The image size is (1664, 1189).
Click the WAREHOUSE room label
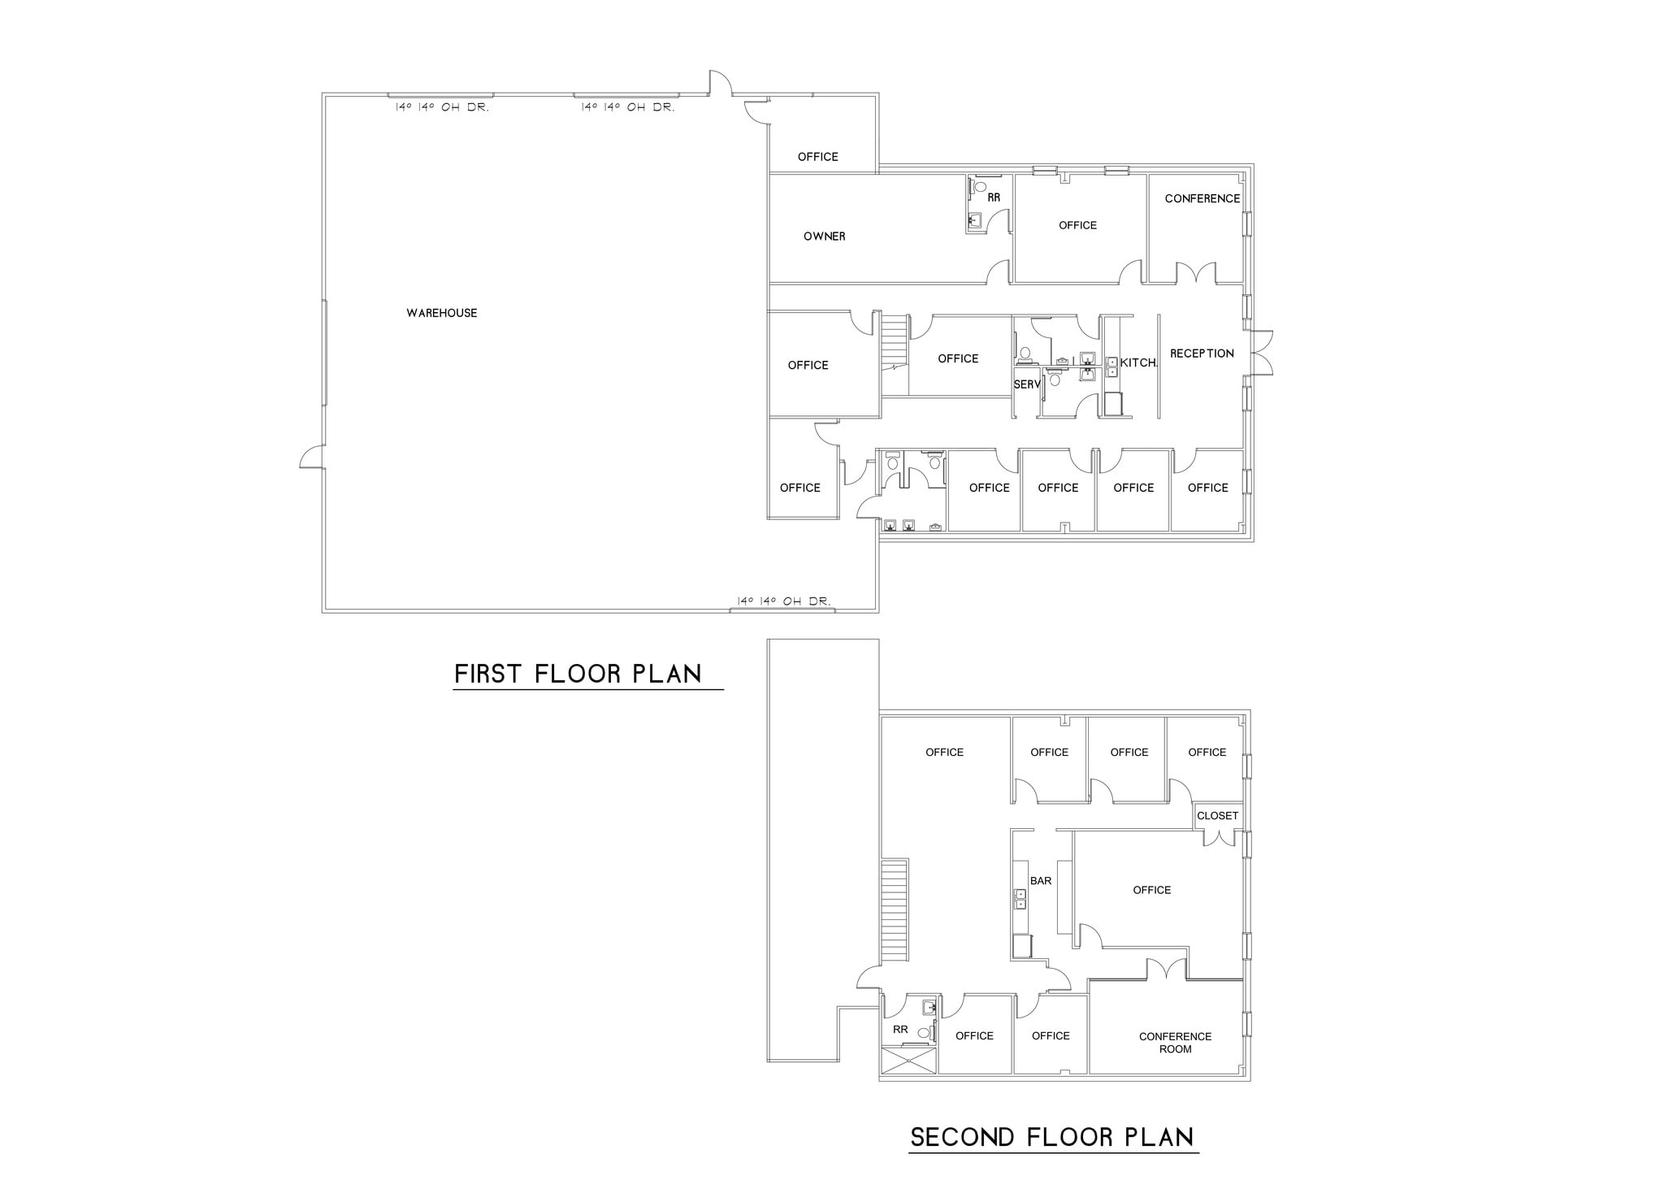pos(441,313)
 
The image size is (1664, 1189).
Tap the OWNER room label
pos(824,236)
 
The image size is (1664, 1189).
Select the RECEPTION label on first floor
pos(1201,354)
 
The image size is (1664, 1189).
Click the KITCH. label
pos(1137,363)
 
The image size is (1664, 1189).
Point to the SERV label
pos(1026,384)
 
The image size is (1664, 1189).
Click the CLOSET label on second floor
pos(1217,816)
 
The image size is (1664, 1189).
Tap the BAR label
pos(1040,881)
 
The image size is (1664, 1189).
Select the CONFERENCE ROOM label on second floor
pos(1175,1043)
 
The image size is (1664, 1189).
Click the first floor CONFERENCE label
pos(1202,198)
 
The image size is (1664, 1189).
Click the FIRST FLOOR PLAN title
pos(578,674)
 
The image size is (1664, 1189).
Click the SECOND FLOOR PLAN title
pos(1052,1137)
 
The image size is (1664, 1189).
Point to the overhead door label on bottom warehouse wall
pos(783,601)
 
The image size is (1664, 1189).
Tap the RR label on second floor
pos(900,1030)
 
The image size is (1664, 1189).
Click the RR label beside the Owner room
pos(994,197)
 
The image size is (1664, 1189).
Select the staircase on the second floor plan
pos(895,910)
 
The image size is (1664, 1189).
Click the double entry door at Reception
pos(1261,354)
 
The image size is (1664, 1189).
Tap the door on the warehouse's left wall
pos(312,458)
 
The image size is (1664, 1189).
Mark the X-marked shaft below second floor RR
pos(908,1061)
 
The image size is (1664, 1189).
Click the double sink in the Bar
pos(1020,899)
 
